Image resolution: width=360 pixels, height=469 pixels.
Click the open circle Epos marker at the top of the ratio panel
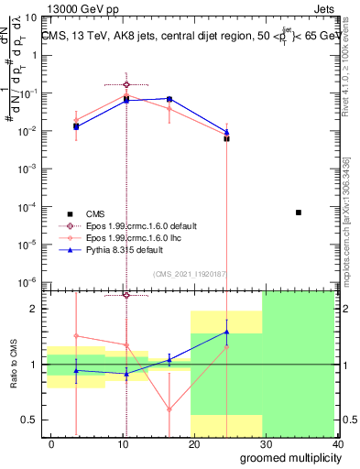126,295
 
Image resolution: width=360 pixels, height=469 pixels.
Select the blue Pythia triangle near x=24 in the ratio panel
226,332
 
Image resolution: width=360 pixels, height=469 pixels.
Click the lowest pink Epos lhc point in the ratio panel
169,409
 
